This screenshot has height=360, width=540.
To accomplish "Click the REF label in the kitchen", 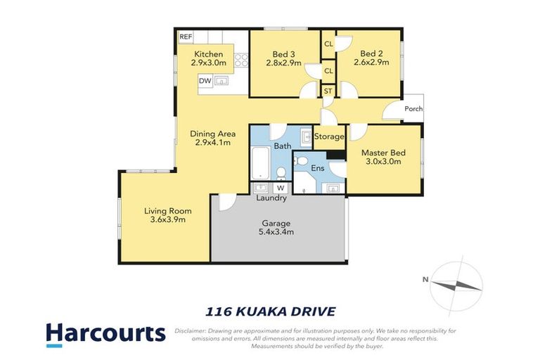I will pyautogui.click(x=186, y=37).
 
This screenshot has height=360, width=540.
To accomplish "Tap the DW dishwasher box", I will pyautogui.click(x=205, y=82).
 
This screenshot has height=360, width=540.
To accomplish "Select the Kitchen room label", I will pyautogui.click(x=209, y=54).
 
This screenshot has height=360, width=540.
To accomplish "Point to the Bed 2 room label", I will pyautogui.click(x=371, y=53).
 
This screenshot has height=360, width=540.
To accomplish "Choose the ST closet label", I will pyautogui.click(x=328, y=91).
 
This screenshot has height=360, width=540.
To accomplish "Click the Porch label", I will pyautogui.click(x=413, y=109).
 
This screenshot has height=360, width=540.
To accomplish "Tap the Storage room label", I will pyautogui.click(x=329, y=136).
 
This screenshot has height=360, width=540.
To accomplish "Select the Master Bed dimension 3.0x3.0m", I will pyautogui.click(x=381, y=161).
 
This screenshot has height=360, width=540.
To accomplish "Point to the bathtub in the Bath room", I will pyautogui.click(x=259, y=162).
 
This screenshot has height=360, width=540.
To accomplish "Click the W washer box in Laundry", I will pyautogui.click(x=280, y=188).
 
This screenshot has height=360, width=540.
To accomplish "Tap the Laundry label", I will pyautogui.click(x=271, y=198).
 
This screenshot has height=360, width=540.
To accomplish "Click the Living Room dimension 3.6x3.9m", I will pyautogui.click(x=167, y=219).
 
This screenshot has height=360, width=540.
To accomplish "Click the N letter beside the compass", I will pyautogui.click(x=425, y=280).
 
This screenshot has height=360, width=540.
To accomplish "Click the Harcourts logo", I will pyautogui.click(x=105, y=334).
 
